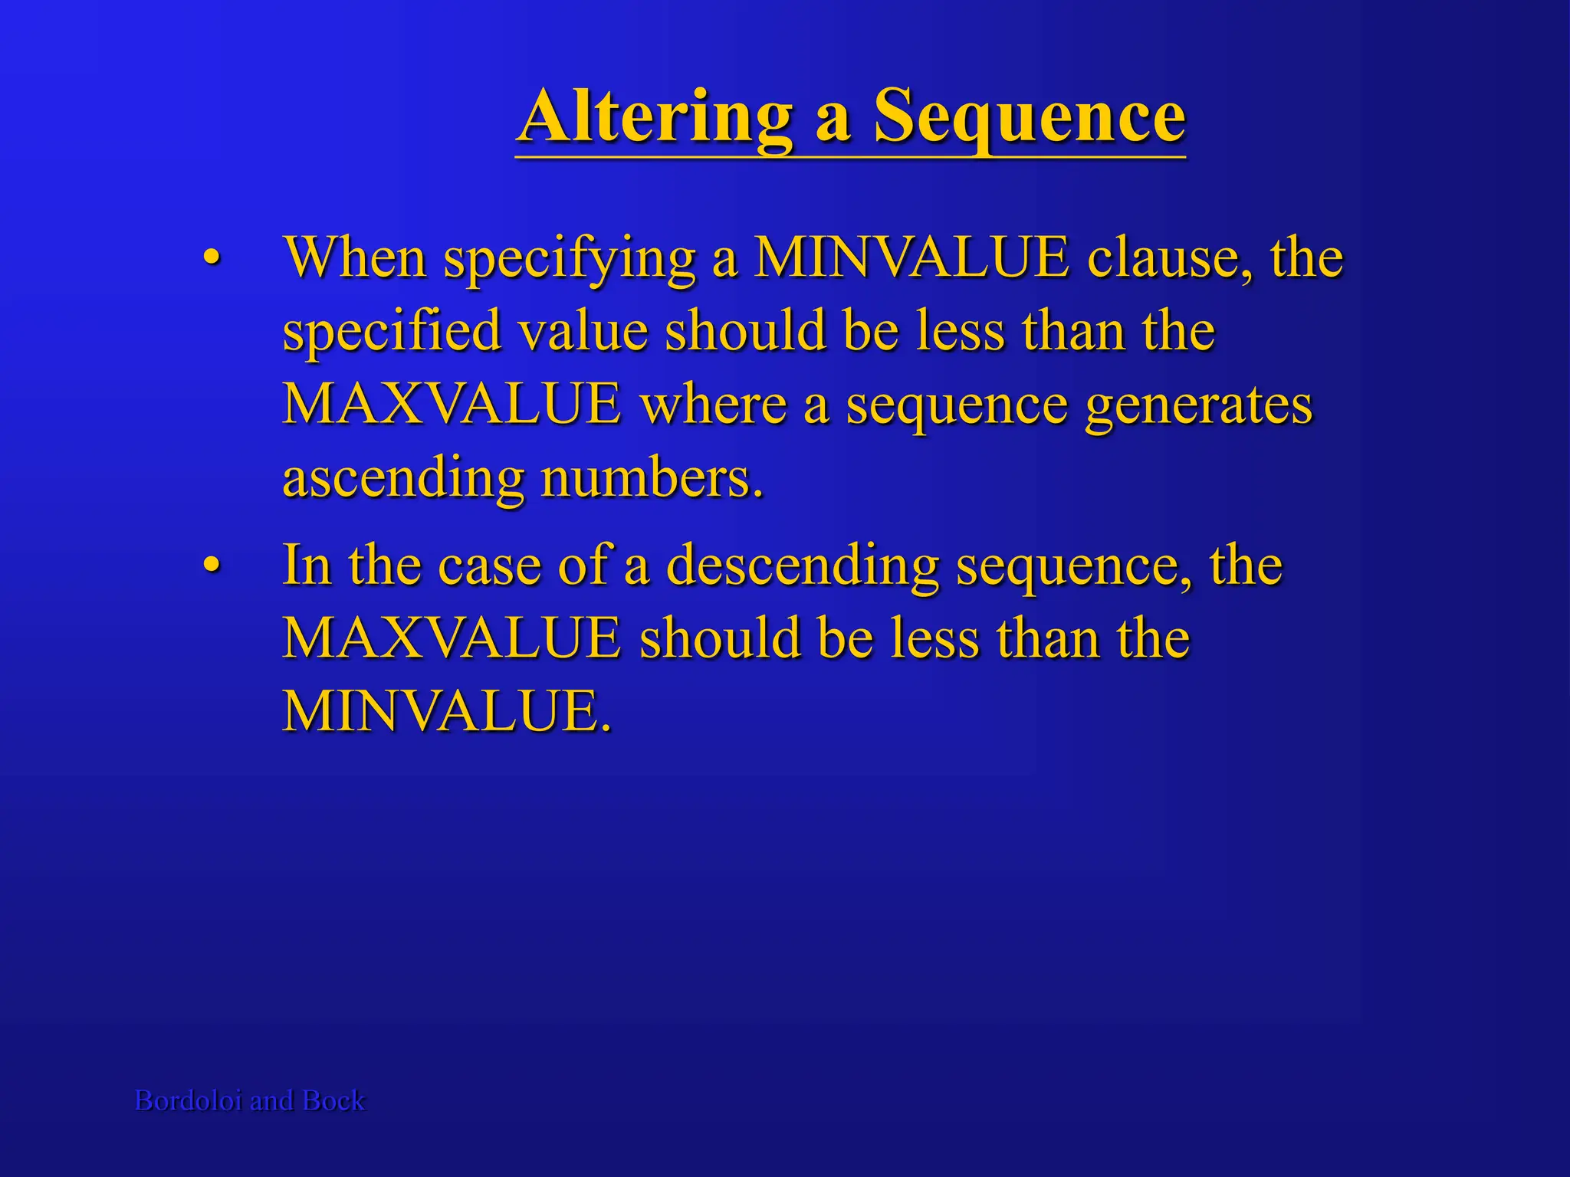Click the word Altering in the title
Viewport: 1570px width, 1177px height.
[655, 116]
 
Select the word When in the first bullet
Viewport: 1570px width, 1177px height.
[354, 257]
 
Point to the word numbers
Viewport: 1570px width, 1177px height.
[652, 478]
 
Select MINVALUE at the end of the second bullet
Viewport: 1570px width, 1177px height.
[446, 711]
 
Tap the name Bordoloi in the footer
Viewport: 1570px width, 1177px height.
[188, 1100]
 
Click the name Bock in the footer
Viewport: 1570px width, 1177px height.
[333, 1100]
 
